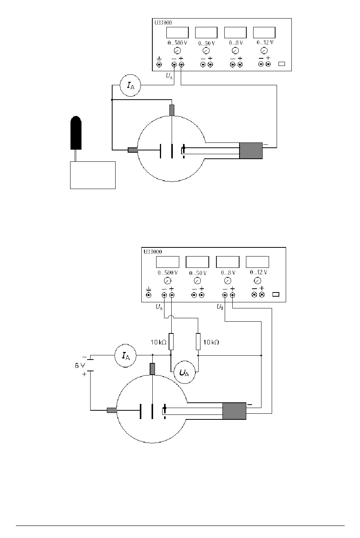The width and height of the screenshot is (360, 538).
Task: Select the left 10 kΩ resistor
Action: pyautogui.click(x=171, y=341)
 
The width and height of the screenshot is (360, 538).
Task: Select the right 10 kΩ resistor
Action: pyautogui.click(x=198, y=341)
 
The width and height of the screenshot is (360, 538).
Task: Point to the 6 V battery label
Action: pyautogui.click(x=80, y=366)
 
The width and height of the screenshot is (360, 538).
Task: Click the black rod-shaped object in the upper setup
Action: pyautogui.click(x=76, y=133)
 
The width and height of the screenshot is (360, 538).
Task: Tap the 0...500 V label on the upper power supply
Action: pyautogui.click(x=177, y=43)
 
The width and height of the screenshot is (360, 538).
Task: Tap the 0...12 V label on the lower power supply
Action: pyautogui.click(x=258, y=272)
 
